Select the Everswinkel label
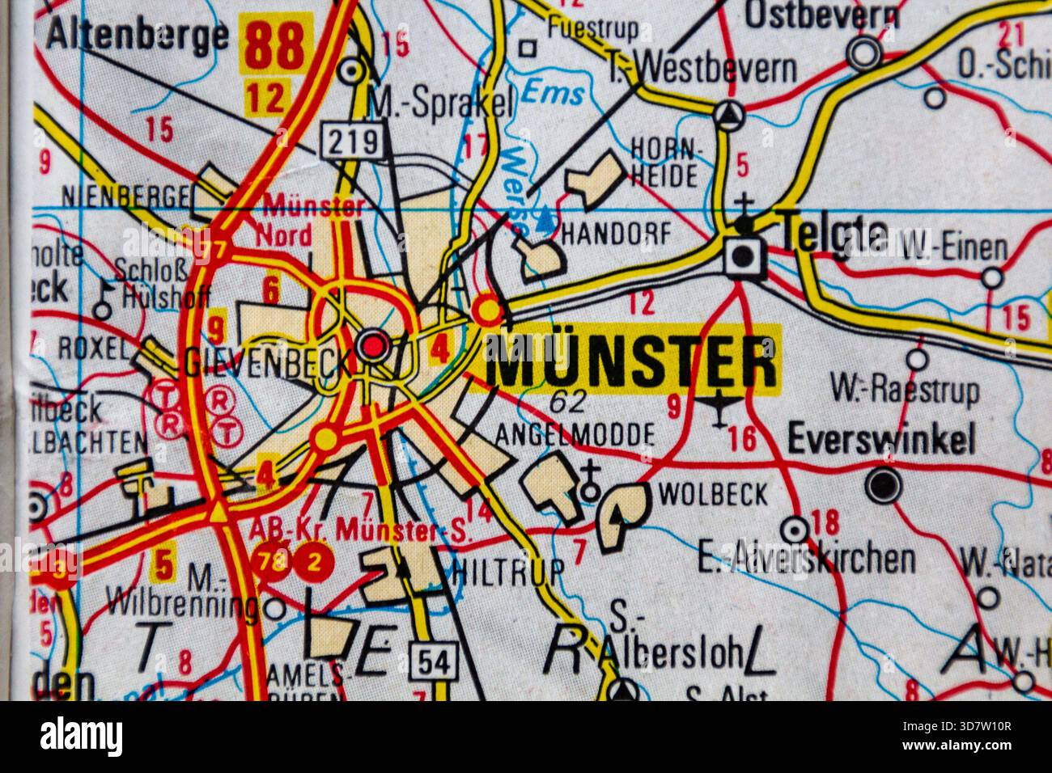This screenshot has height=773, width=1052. [x=880, y=441]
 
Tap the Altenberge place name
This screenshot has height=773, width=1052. [x=138, y=34]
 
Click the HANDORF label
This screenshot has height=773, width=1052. [x=616, y=234]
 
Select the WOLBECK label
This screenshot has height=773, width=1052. [x=713, y=492]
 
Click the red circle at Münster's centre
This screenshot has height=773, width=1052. [x=373, y=348]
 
